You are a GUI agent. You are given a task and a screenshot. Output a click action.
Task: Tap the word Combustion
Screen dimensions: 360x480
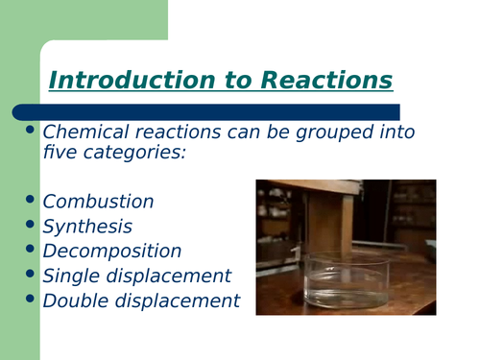[x=98, y=202]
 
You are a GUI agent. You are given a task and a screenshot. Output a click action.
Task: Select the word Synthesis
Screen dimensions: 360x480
[x=87, y=227]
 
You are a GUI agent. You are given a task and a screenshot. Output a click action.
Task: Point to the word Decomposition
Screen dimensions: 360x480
[x=112, y=252]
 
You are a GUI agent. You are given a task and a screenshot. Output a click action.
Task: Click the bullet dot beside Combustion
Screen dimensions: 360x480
[x=30, y=200]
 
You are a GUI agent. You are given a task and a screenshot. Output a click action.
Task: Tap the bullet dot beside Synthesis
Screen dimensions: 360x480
[x=30, y=225]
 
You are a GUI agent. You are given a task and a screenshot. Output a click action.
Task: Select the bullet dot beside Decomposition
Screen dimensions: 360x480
[x=30, y=250]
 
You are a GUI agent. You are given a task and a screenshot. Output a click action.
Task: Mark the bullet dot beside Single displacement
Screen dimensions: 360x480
[x=30, y=275]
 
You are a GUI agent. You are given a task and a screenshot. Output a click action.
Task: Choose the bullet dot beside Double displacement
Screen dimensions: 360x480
[x=30, y=300]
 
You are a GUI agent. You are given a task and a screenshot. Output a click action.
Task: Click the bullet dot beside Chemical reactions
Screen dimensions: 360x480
[x=30, y=130]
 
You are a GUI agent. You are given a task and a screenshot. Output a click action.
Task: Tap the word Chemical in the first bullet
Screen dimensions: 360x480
[x=85, y=132]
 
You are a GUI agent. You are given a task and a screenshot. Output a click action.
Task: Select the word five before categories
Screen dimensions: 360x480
[x=60, y=152]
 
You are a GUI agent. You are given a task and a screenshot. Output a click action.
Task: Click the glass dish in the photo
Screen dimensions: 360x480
[x=347, y=278]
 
